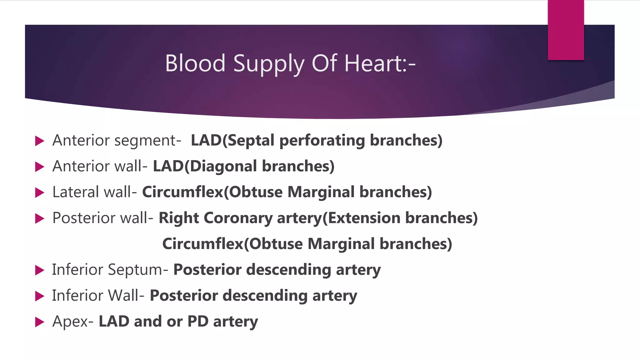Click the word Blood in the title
195,63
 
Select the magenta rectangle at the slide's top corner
566,30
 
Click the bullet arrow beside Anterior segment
39,141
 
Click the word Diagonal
223,166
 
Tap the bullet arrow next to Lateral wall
39,192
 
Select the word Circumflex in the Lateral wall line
182,192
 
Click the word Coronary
238,218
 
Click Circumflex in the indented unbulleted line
202,244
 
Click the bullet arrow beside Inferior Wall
39,296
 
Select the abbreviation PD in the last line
197,322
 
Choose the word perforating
322,141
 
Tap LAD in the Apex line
114,322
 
